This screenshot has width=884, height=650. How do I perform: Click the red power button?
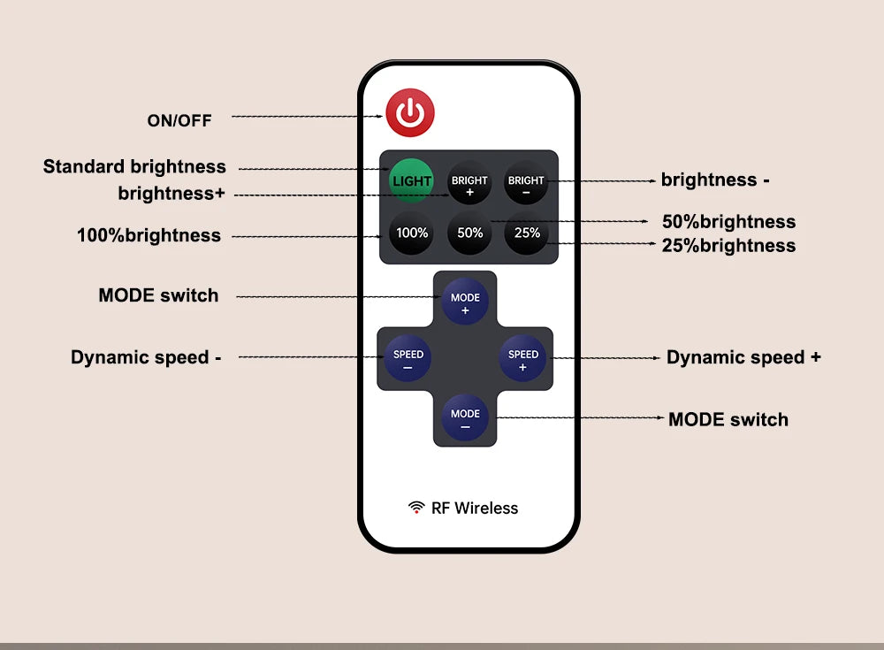click(x=410, y=113)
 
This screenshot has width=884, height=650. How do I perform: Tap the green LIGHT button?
click(x=412, y=181)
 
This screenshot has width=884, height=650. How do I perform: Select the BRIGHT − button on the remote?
click(x=526, y=184)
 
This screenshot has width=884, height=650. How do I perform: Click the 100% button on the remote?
click(x=412, y=233)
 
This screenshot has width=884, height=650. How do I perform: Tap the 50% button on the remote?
click(x=469, y=233)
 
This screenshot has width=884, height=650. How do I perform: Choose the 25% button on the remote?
click(x=527, y=233)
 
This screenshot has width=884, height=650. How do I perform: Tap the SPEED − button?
click(x=408, y=359)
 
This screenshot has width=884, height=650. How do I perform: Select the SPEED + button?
click(x=522, y=359)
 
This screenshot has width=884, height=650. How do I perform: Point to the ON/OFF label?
click(x=179, y=120)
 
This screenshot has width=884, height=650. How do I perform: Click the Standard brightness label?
click(x=134, y=167)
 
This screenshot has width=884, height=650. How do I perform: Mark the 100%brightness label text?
click(x=149, y=235)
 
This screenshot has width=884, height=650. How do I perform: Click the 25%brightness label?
click(x=728, y=246)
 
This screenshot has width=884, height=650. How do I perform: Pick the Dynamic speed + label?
click(x=743, y=357)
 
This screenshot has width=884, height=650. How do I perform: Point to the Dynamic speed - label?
click(x=146, y=357)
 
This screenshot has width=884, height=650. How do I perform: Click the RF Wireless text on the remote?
click(x=474, y=508)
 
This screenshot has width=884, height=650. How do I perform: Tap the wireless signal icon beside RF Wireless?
click(x=416, y=507)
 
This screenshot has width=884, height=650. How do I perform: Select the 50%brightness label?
click(x=728, y=222)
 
